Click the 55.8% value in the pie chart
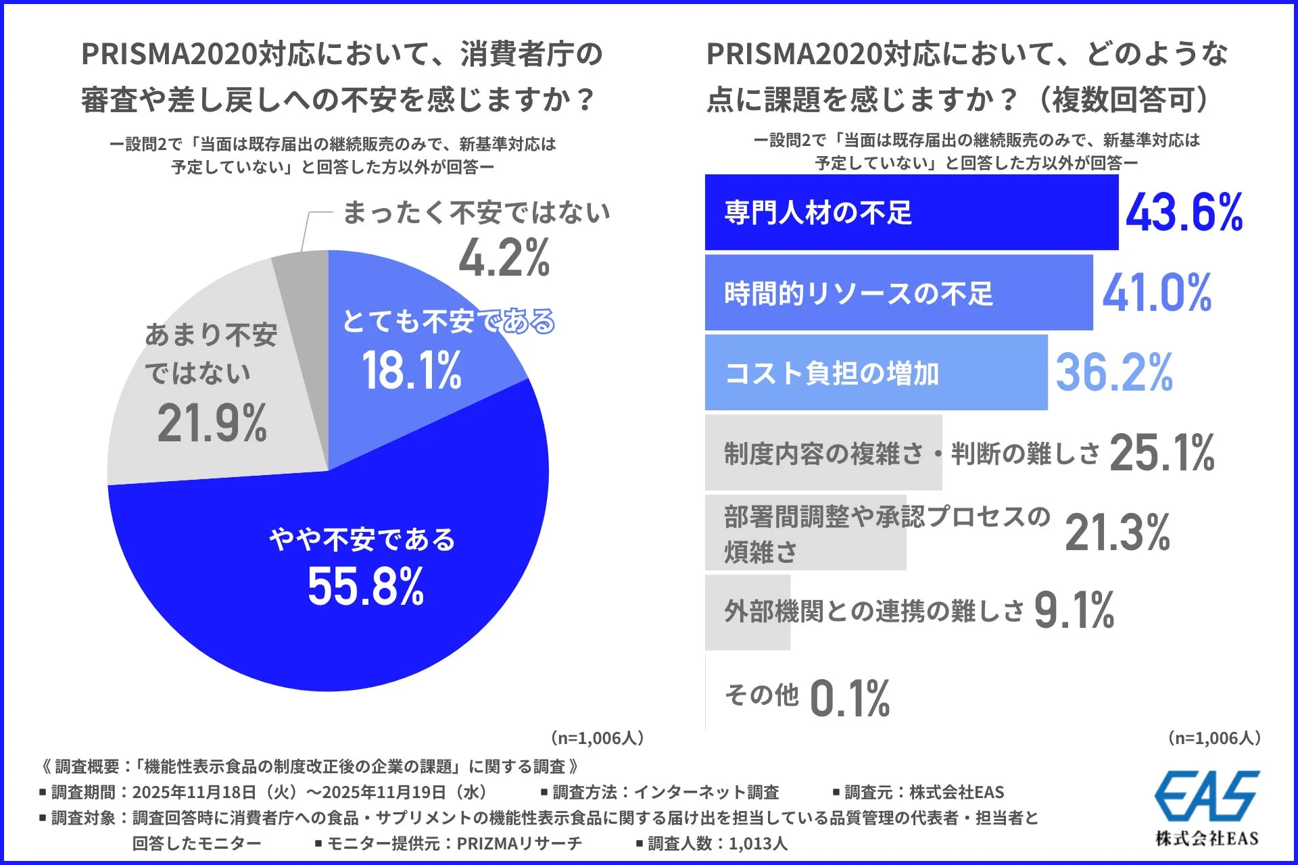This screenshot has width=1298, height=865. (366, 587)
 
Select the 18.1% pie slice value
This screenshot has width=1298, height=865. (412, 371)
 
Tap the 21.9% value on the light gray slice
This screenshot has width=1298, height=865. (212, 424)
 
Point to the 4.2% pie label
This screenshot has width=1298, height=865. (504, 258)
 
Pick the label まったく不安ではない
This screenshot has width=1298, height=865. (476, 213)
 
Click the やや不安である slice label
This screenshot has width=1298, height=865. (362, 540)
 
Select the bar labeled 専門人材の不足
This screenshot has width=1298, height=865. (911, 213)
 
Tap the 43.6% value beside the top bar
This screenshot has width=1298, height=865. (1184, 213)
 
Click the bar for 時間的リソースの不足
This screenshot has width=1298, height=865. (898, 293)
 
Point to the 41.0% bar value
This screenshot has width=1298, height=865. (1157, 293)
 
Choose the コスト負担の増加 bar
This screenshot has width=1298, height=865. (875, 373)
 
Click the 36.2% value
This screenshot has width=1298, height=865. (1114, 373)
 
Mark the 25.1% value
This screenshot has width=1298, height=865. (1161, 453)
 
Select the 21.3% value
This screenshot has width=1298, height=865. (1117, 533)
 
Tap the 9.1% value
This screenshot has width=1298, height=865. (1074, 611)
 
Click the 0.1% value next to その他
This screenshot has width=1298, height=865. (850, 698)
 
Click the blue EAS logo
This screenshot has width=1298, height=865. (1207, 796)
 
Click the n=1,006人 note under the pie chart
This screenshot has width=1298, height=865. (598, 738)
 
